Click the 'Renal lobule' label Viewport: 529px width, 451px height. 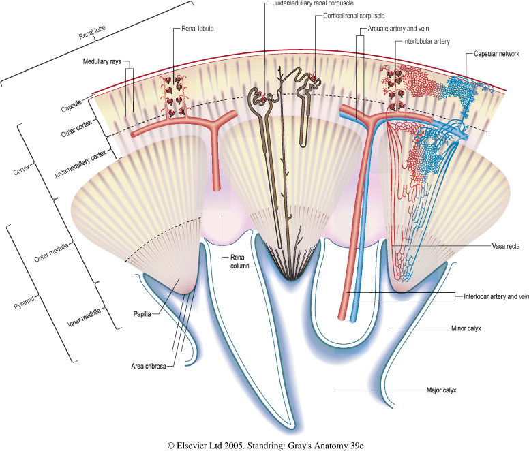pyautogui.click(x=198, y=30)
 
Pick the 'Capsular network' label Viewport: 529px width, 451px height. pyautogui.click(x=492, y=54)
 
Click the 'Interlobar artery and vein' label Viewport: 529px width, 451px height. pyautogui.click(x=492, y=297)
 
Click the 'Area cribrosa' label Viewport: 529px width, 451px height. pyautogui.click(x=150, y=365)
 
